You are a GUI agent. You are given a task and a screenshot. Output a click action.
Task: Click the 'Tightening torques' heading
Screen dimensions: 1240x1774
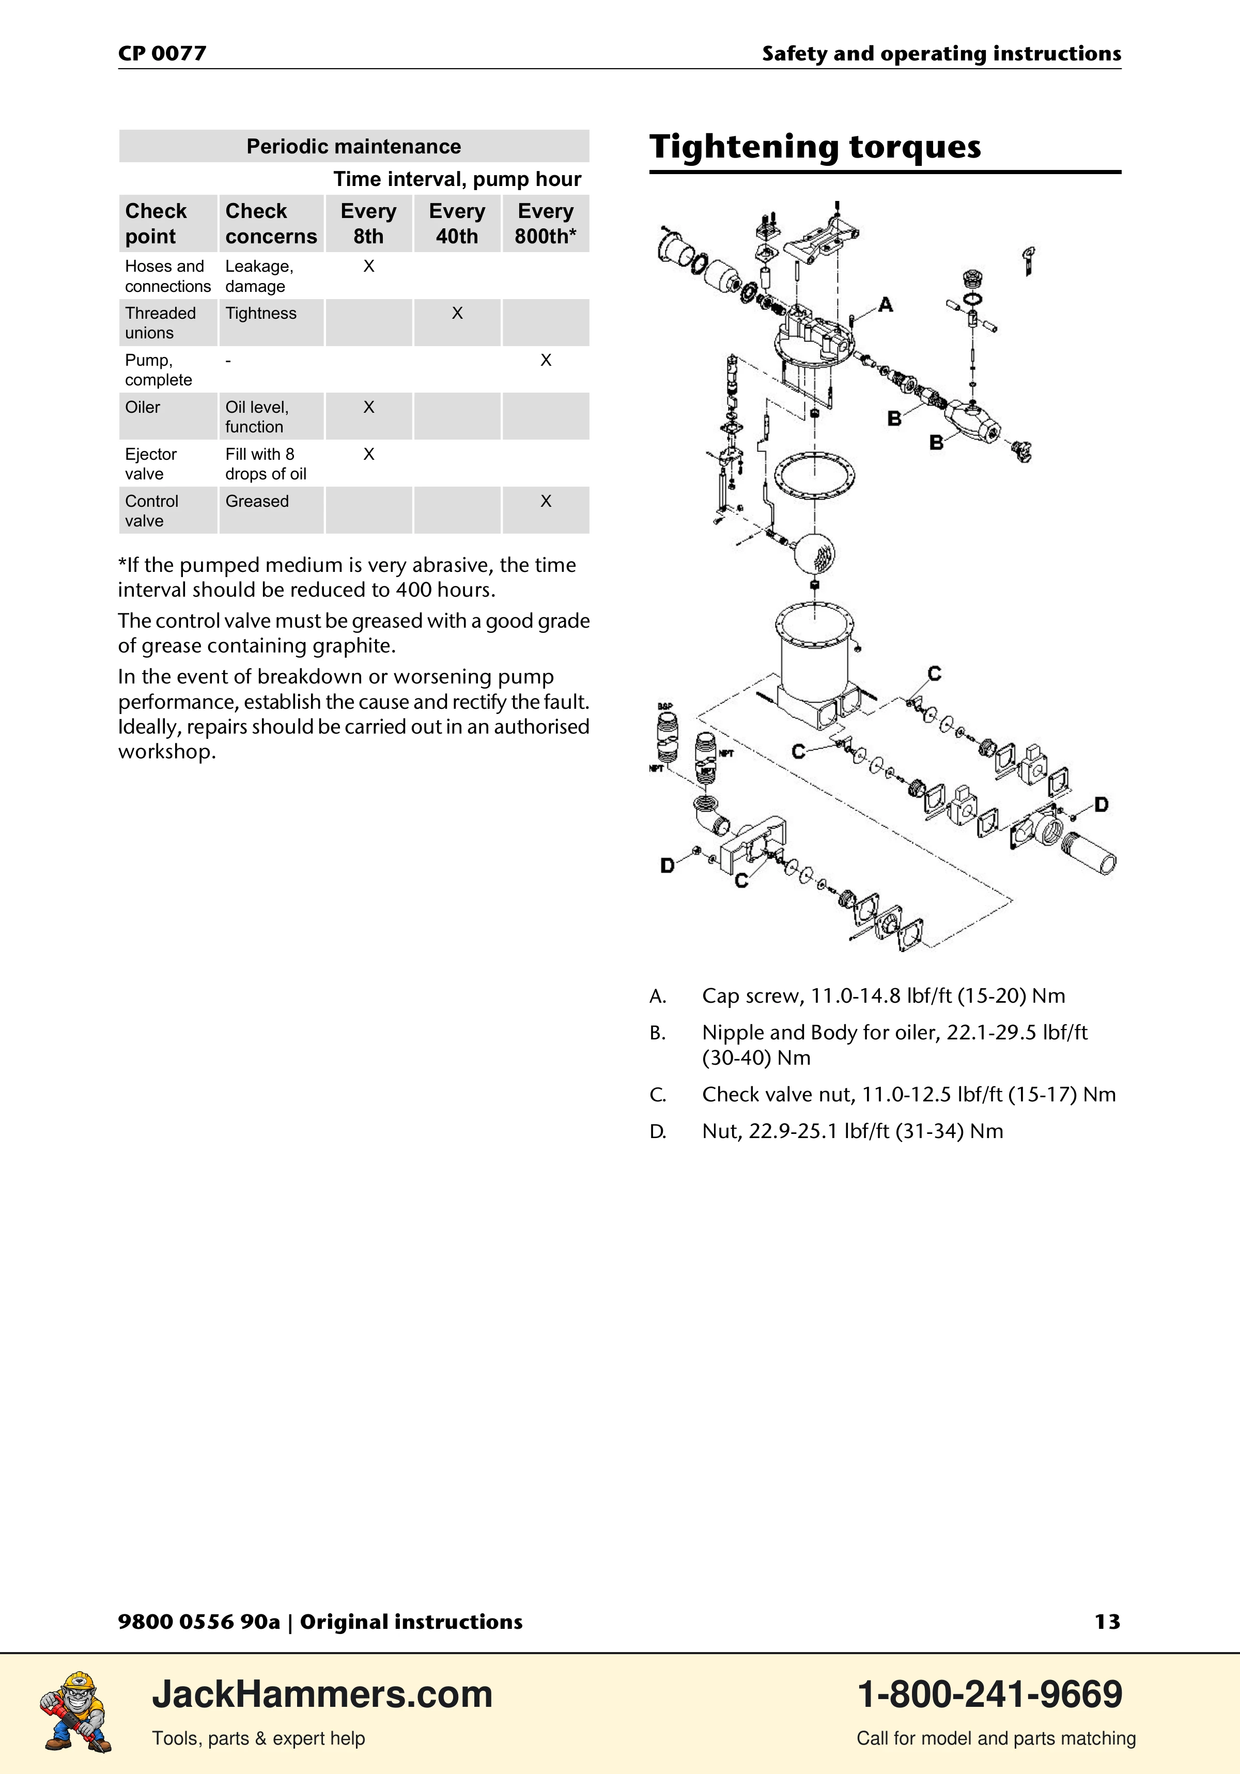815,147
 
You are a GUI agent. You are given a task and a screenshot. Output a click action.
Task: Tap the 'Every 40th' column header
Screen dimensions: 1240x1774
457,223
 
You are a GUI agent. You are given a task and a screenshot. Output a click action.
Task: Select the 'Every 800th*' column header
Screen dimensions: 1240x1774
546,223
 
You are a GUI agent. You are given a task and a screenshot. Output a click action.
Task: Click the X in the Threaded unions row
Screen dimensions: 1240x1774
457,313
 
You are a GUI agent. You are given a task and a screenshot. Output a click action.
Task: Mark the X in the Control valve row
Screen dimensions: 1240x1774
546,501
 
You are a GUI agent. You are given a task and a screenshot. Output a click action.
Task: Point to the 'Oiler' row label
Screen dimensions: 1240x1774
143,407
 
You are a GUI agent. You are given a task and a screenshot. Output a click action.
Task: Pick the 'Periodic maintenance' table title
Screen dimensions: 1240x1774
354,146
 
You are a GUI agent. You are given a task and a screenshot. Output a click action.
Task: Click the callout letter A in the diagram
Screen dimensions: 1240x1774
886,305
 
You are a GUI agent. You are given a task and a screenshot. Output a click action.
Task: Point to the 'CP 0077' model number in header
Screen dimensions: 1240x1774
162,53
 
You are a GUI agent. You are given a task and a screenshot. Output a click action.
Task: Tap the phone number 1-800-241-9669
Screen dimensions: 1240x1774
990,1694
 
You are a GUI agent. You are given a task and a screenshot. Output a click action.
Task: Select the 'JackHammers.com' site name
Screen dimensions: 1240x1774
322,1694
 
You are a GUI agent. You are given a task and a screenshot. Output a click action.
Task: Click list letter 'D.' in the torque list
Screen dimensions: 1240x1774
658,1131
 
